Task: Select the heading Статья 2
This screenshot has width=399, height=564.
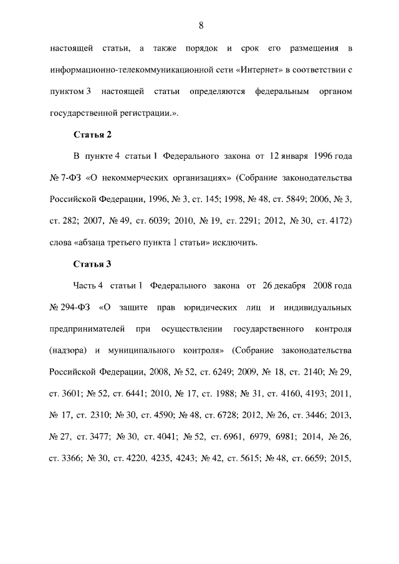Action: (x=92, y=134)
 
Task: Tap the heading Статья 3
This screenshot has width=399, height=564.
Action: (x=92, y=264)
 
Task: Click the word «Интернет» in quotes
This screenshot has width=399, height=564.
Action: (x=258, y=69)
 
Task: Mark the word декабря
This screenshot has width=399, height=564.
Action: (x=288, y=285)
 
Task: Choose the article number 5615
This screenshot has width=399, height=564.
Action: (x=248, y=458)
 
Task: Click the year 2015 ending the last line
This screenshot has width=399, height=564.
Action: (x=342, y=458)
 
